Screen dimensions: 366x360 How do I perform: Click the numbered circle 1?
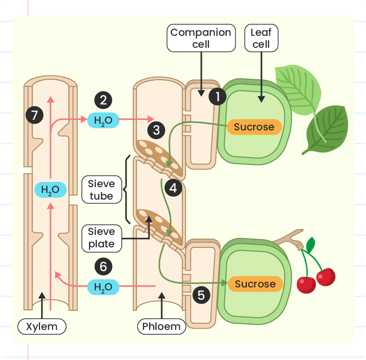tap(217, 96)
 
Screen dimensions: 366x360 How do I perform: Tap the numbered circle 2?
tap(103, 100)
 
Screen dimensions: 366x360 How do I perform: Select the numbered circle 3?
tap(156, 130)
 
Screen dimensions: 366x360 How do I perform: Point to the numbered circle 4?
tap(173, 188)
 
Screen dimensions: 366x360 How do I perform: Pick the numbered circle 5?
tap(201, 295)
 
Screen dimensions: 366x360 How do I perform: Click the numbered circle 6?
tap(103, 266)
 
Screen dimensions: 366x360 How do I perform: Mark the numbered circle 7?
tap(34, 115)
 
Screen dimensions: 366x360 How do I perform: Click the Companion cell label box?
tap(201, 38)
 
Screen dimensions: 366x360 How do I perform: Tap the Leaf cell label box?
tap(261, 38)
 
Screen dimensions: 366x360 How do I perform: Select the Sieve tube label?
tap(102, 190)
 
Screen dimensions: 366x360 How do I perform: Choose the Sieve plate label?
tap(102, 238)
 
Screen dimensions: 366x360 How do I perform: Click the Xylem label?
tap(42, 327)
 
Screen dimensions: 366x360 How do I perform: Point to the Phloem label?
tap(161, 327)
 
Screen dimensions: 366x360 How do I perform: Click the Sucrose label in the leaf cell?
tap(254, 127)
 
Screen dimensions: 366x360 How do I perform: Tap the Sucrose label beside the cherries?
tap(255, 284)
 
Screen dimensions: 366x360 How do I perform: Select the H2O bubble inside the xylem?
tap(51, 190)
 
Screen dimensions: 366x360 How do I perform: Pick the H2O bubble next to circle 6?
tap(103, 287)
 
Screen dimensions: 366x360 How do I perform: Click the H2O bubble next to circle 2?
tap(103, 120)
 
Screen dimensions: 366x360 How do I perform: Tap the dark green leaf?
tap(327, 130)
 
